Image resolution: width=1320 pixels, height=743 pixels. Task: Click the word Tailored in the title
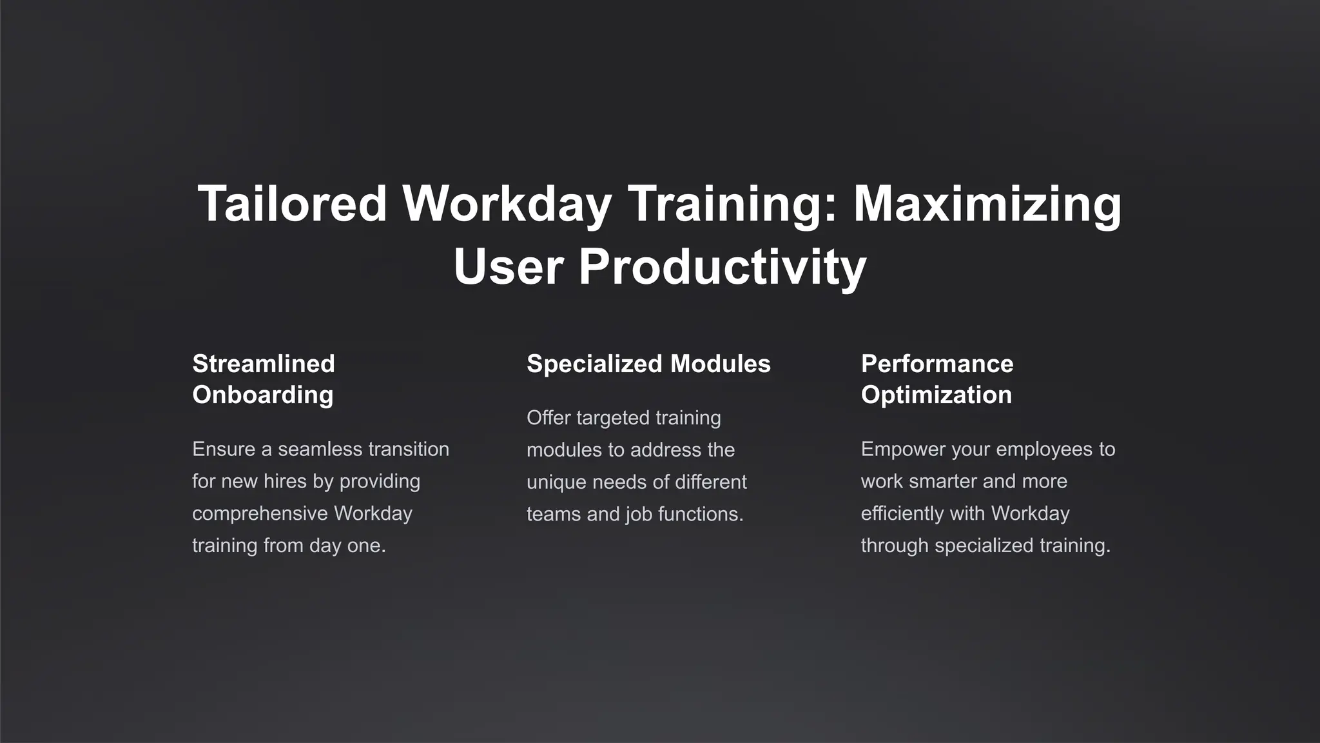[x=292, y=204]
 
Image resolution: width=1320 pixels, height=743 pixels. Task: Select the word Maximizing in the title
[x=987, y=204]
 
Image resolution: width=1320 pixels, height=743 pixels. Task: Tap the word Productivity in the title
[x=723, y=267]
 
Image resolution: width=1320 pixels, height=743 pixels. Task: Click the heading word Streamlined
[x=264, y=364]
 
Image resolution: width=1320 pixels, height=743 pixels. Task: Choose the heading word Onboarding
[x=263, y=395]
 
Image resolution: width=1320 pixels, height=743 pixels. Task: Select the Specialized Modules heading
[x=648, y=364]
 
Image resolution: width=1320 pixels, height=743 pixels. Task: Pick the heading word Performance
[x=937, y=364]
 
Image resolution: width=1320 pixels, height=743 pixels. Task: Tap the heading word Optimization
[x=937, y=395]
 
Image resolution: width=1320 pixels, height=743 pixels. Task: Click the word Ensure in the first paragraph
[x=224, y=449]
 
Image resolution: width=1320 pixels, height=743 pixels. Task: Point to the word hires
[x=285, y=481]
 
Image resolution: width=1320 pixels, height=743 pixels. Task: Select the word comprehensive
[x=260, y=513]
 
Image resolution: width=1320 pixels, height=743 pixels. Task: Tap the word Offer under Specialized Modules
[x=548, y=418]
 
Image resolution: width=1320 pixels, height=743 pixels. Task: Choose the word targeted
[x=613, y=418]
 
